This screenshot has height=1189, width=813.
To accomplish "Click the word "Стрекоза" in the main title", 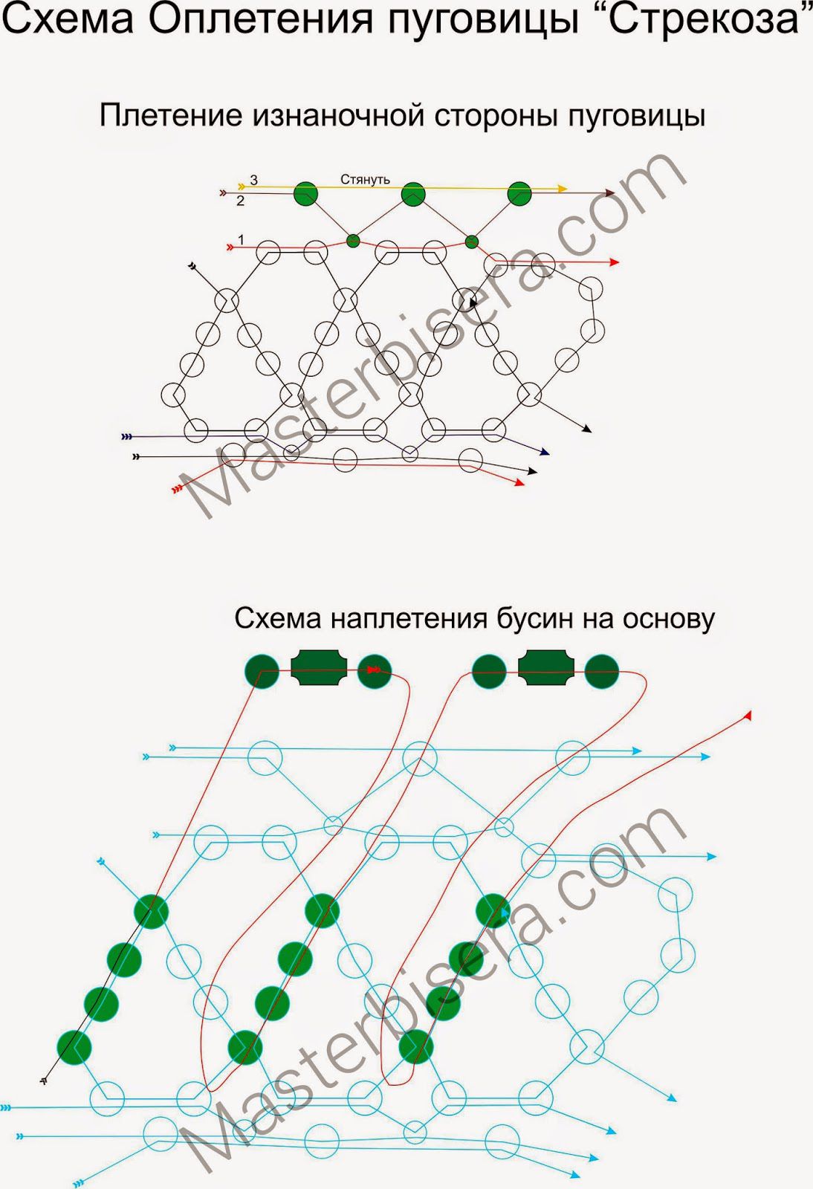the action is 703,19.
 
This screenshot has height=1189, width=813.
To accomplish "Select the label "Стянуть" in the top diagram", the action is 365,179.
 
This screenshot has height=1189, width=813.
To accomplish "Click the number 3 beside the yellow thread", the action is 253,181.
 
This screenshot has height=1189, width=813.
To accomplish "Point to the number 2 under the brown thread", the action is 240,201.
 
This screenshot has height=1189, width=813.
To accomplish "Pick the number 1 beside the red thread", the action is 242,240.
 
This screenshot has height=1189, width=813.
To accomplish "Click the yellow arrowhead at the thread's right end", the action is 563,189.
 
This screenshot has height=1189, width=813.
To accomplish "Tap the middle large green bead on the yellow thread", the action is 413,195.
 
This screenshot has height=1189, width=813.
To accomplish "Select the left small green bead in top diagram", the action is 353,241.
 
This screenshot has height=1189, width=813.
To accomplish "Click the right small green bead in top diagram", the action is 472,242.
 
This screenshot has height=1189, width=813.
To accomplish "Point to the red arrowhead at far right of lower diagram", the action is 748,716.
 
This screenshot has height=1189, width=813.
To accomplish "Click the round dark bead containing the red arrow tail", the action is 375,671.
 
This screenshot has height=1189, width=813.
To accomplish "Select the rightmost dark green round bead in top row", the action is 602,672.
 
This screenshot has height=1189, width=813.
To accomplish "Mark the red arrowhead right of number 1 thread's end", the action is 615,262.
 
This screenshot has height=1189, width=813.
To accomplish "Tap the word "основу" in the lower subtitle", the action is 668,619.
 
